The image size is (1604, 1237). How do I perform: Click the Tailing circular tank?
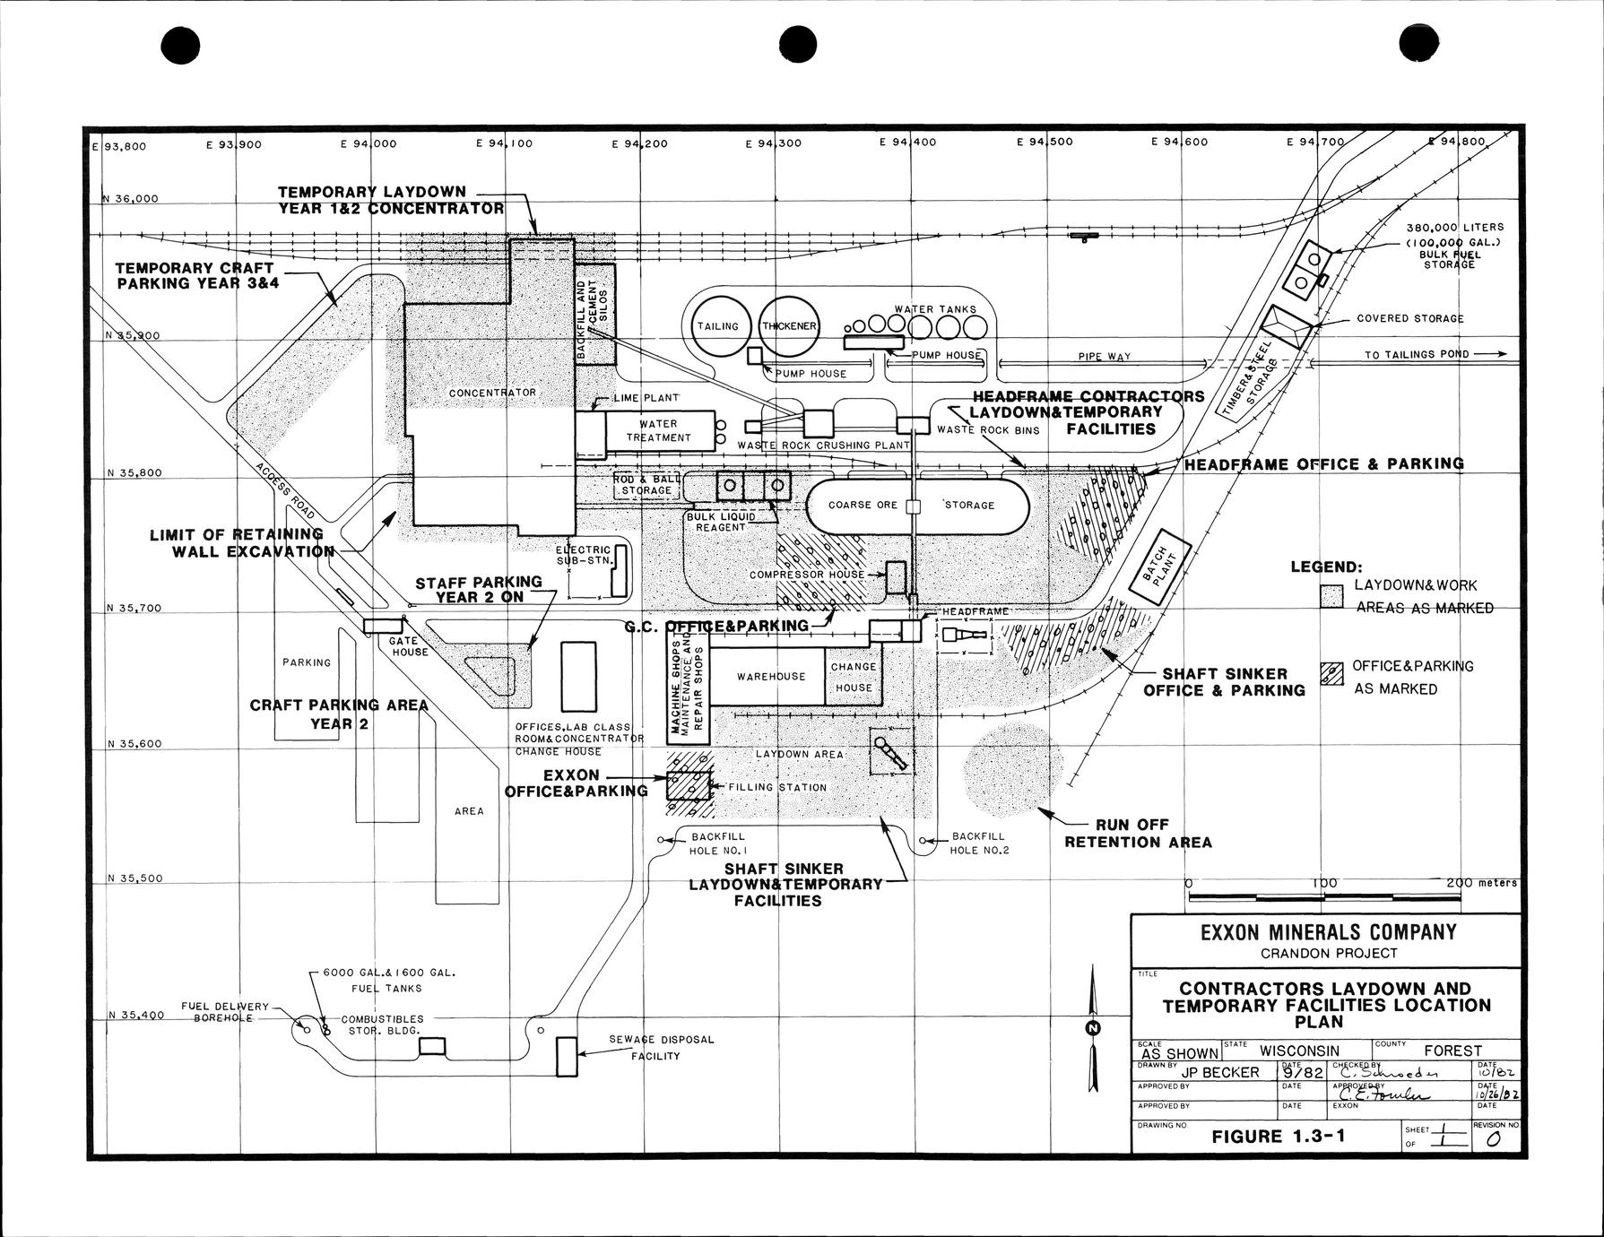coord(717,326)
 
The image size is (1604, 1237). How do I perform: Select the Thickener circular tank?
coord(789,326)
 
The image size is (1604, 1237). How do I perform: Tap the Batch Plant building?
coord(1159,574)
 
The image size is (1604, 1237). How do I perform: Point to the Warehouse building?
coord(771,677)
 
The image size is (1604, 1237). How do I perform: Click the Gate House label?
coord(409,646)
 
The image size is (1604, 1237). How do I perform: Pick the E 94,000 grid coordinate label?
coord(368,143)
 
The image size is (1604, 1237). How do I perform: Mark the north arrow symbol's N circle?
coord(1092,1027)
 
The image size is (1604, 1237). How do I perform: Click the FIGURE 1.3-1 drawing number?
coord(1279,1137)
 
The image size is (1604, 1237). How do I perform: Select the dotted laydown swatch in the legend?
coord(1331,596)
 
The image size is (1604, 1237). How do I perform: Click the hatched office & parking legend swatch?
coord(1332,675)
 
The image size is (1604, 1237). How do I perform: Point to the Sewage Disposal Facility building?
coord(567,1056)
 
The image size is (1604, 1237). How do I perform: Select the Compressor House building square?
coord(896,576)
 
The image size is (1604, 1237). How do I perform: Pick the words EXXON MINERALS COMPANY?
coord(1328,932)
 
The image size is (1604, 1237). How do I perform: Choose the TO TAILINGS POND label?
coord(1417,354)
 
